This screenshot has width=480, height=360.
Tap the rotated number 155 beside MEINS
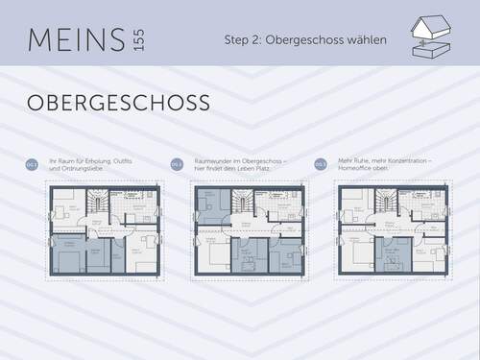click(140, 40)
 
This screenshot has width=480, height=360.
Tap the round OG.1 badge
click(32, 165)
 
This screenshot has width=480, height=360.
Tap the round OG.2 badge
click(176, 165)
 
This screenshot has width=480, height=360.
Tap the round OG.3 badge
click(320, 165)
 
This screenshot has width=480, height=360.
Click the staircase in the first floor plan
click(96, 204)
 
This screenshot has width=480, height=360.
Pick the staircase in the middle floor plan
click(241, 204)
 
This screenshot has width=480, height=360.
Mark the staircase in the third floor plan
click(385, 204)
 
